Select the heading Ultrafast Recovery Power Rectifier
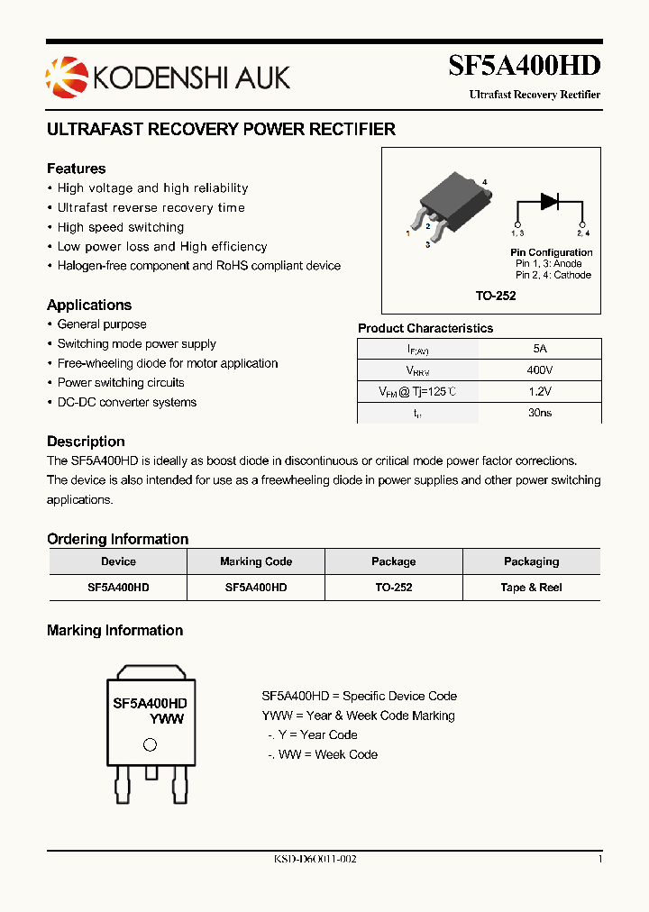point(221,129)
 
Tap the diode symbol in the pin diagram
point(549,202)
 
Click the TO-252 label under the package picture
point(496,296)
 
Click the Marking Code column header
point(256,561)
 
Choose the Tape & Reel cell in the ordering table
point(531,587)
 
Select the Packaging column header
point(531,561)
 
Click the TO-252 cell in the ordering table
point(393,587)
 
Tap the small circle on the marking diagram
point(150,744)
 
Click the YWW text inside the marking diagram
point(167,719)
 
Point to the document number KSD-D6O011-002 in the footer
point(315,860)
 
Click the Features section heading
point(76,169)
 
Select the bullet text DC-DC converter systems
point(126,402)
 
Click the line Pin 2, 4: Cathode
point(553,275)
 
